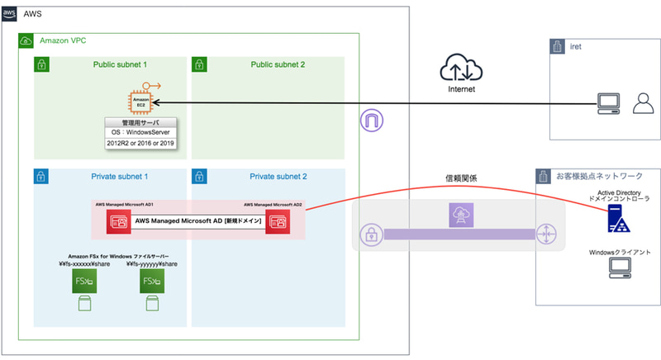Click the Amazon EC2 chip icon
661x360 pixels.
coord(140,103)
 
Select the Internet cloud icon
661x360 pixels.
coord(462,66)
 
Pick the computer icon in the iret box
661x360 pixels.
coord(610,102)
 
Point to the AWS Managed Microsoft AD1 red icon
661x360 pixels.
coord(118,221)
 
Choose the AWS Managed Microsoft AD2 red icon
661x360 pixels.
coord(277,221)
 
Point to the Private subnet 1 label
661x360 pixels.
coord(121,177)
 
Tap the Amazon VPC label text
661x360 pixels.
coord(63,40)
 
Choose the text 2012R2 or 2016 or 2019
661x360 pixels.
coord(140,144)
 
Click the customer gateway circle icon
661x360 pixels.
coord(546,234)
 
